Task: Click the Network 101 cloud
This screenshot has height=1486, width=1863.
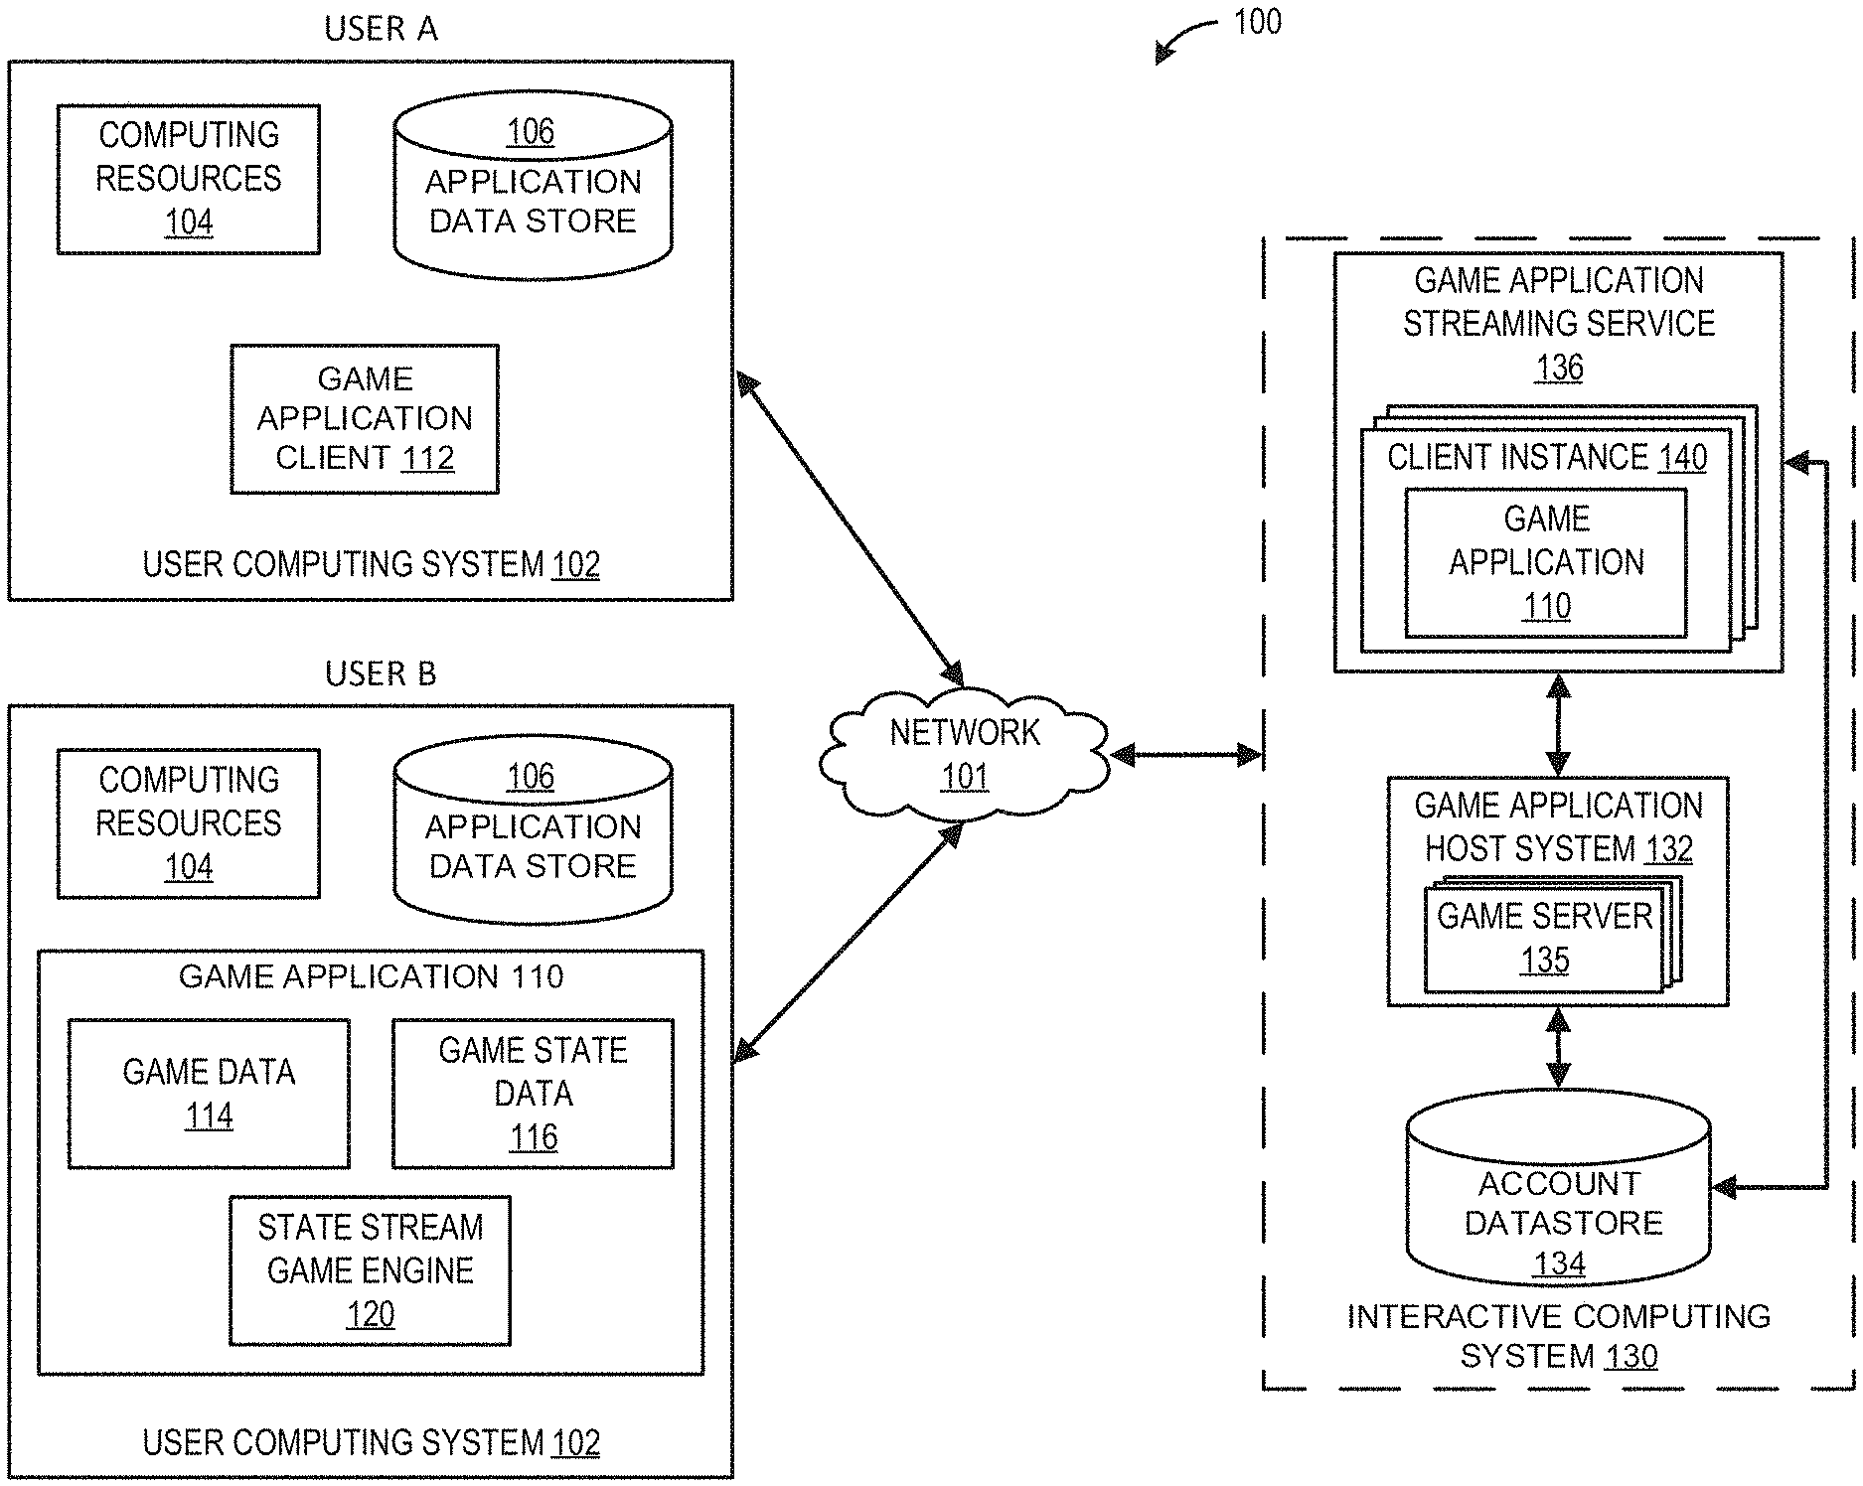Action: pyautogui.click(x=964, y=754)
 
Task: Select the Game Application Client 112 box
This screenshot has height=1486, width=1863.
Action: pyautogui.click(x=365, y=419)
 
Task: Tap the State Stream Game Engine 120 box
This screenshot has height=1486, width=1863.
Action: pyautogui.click(x=370, y=1270)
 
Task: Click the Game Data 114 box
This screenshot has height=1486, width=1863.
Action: pyautogui.click(x=209, y=1093)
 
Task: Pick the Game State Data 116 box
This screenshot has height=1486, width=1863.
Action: pyautogui.click(x=533, y=1093)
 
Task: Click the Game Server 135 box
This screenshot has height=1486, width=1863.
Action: pyautogui.click(x=1544, y=939)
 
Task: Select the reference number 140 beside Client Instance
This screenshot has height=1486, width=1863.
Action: pyautogui.click(x=1682, y=458)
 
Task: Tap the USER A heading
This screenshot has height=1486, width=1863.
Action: pyautogui.click(x=381, y=29)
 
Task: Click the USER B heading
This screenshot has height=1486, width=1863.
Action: pyautogui.click(x=381, y=673)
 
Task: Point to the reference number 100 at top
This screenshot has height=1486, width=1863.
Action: pyautogui.click(x=1257, y=22)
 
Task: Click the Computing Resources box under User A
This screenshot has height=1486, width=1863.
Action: pyautogui.click(x=189, y=179)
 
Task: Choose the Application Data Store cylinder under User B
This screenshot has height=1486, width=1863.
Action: pyautogui.click(x=533, y=830)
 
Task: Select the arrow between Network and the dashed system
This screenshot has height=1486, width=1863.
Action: pyautogui.click(x=1185, y=756)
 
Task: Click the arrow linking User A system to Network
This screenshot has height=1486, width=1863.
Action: pyautogui.click(x=850, y=526)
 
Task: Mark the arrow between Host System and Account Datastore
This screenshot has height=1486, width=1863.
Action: pyautogui.click(x=1559, y=1048)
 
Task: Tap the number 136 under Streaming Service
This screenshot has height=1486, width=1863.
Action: pyautogui.click(x=1559, y=368)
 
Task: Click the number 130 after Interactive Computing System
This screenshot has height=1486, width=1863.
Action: pyautogui.click(x=1631, y=1356)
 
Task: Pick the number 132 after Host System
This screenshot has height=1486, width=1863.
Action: pyautogui.click(x=1669, y=849)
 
